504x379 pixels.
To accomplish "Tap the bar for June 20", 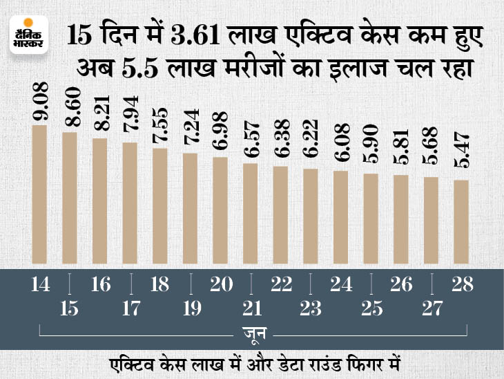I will [220, 212].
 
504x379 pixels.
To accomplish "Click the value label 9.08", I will [39, 104].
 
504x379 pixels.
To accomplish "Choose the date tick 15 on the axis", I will [70, 308].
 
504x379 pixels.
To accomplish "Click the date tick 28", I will [461, 284].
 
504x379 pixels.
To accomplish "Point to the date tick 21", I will [251, 308].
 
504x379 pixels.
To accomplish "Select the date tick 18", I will [159, 284].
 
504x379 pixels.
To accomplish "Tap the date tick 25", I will [371, 308].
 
